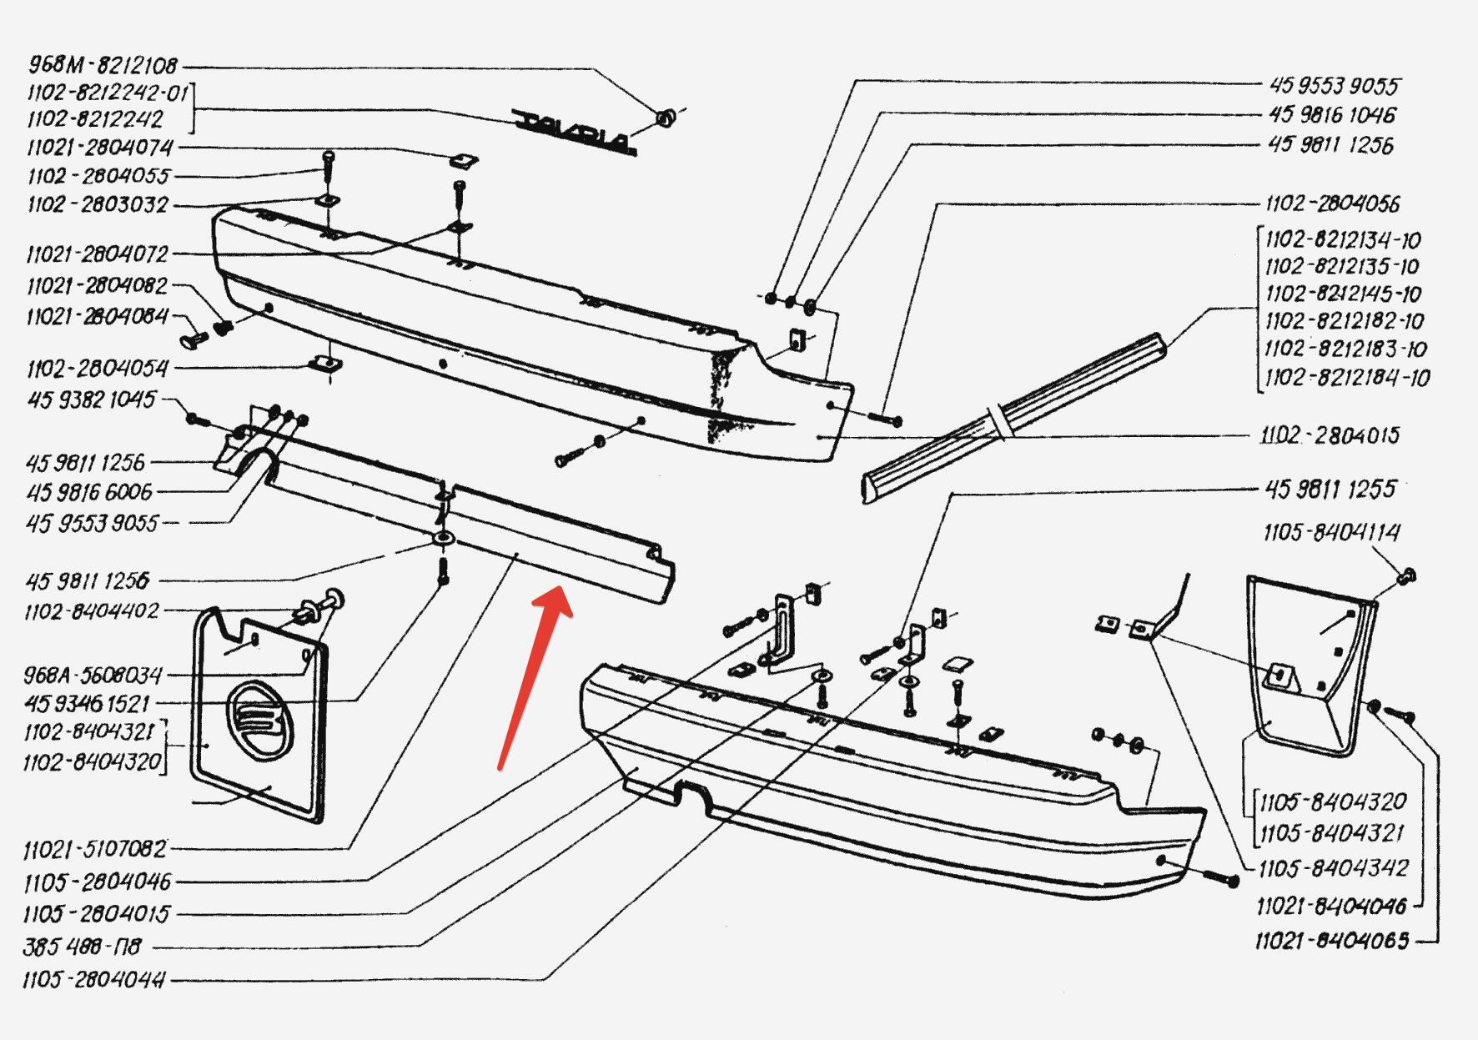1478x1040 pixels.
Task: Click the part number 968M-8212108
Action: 103,65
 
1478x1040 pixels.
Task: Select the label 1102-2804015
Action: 1330,435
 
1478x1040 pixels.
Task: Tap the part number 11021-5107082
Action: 95,849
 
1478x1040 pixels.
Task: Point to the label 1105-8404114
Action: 1331,532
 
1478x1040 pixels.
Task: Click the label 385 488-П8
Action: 82,947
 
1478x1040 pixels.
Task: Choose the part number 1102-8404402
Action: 91,611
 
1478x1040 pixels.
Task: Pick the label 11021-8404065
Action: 1332,941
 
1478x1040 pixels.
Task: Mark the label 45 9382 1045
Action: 91,399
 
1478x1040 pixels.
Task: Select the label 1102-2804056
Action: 1332,203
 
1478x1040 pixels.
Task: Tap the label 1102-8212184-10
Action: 1347,377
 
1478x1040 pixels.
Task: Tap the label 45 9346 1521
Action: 87,704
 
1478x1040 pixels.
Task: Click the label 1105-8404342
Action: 1333,868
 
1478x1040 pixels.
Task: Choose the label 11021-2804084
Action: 98,316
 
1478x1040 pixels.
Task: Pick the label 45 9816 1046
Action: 1332,114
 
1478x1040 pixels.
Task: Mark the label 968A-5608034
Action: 93,674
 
